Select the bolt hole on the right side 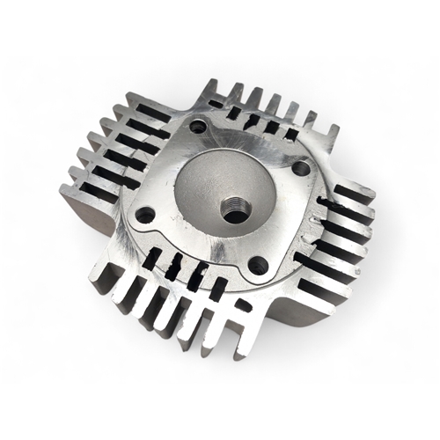(x=301, y=167)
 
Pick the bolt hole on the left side (x=146, y=213)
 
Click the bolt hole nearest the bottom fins (x=258, y=262)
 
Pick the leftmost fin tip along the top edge (x=211, y=85)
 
